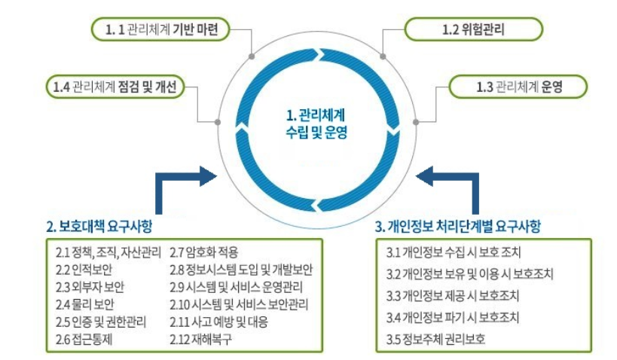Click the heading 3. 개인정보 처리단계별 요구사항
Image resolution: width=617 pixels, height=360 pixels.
(x=457, y=225)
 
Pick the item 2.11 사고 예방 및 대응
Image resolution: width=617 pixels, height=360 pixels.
(x=218, y=322)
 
